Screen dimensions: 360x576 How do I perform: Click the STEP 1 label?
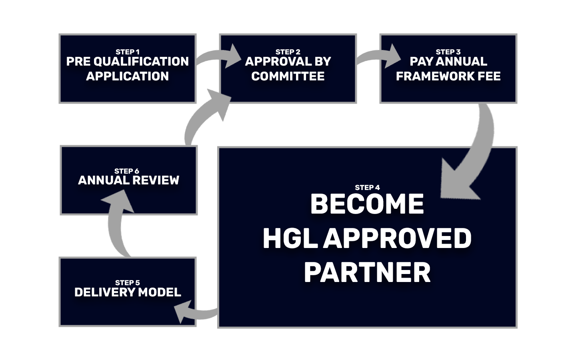127,52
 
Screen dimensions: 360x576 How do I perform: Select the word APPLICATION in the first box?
127,76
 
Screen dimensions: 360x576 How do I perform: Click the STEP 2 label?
288,52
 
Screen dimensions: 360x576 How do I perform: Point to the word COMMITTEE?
288,76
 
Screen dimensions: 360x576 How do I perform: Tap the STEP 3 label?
448,52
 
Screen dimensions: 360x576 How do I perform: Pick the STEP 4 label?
367,188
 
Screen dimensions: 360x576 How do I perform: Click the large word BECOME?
367,204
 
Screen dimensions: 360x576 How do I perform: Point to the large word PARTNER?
367,273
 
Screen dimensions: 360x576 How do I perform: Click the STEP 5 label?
127,283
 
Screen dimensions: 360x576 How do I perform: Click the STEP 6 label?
126,171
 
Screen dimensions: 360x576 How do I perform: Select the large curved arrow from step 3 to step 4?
472,156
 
